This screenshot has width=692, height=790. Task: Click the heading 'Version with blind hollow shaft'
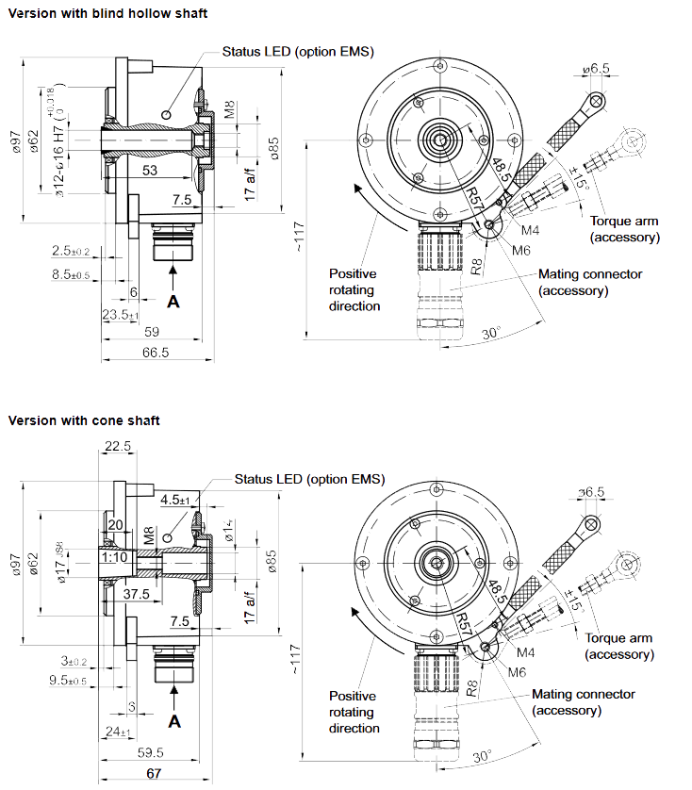pos(107,13)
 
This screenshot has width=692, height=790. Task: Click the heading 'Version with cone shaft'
pos(84,420)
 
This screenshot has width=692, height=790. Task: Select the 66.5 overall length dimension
pos(155,353)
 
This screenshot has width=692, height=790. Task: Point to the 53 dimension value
pos(150,170)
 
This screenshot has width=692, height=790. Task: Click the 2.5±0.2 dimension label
pos(71,251)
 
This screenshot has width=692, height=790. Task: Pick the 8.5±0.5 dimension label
pos(71,274)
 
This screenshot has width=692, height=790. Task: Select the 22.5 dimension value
pos(118,447)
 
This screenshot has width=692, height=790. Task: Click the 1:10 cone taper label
pos(113,558)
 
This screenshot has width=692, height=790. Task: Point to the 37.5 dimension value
pos(136,594)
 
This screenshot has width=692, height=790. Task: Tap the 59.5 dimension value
pos(151,752)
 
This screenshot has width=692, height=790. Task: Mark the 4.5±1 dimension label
pos(175,500)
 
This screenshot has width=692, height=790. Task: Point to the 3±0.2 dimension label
pos(73,661)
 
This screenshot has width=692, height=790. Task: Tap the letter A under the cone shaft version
pos(173,721)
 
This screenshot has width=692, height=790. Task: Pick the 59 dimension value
pos(151,331)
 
